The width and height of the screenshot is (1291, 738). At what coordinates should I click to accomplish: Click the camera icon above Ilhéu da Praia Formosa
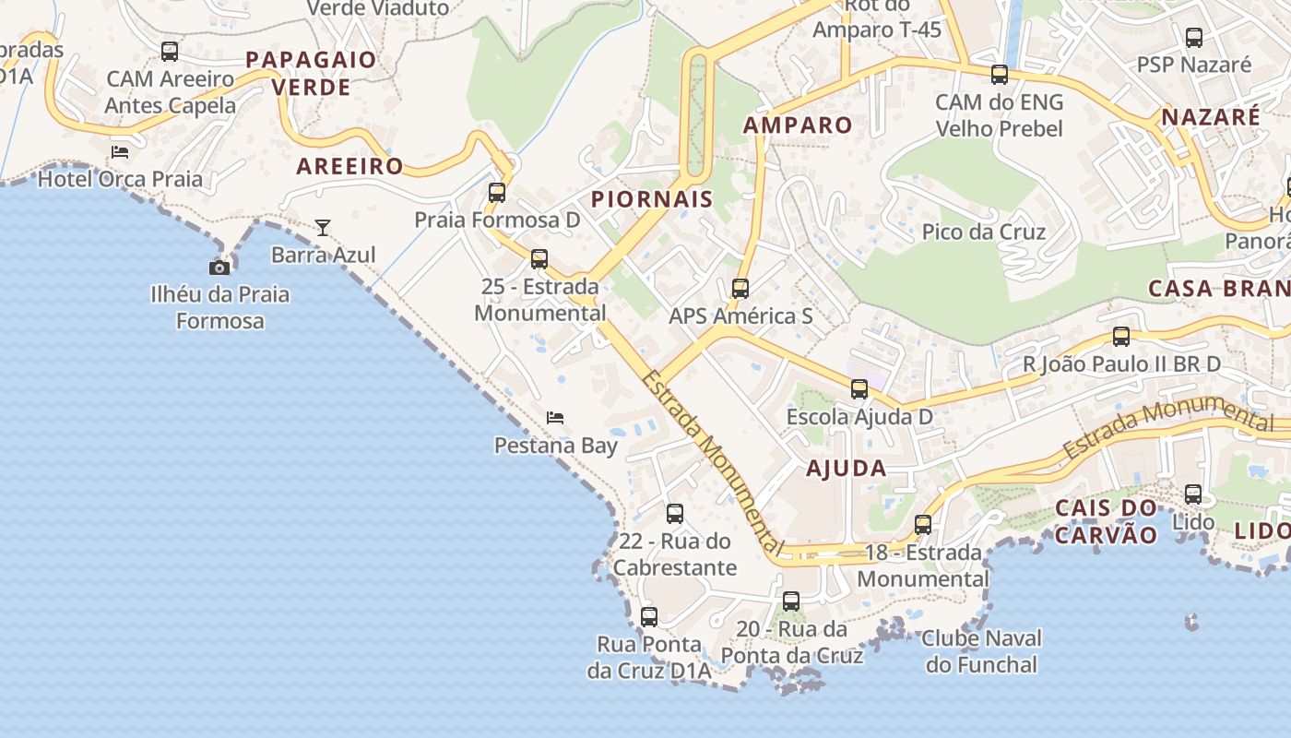click(x=219, y=268)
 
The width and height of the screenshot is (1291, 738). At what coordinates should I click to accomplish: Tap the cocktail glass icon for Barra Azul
click(x=323, y=227)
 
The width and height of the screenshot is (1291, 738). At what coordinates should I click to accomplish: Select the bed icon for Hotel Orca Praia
click(x=120, y=151)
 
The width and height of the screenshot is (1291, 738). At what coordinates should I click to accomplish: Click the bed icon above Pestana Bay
click(x=555, y=418)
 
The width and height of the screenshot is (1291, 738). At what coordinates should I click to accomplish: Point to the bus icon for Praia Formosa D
click(x=497, y=192)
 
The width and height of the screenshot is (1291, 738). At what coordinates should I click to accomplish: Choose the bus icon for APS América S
click(x=740, y=289)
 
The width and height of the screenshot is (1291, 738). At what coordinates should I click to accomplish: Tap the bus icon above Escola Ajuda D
click(x=859, y=389)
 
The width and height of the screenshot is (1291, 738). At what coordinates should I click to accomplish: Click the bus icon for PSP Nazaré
click(x=1194, y=38)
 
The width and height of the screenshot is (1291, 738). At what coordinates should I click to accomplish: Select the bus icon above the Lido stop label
click(x=1193, y=494)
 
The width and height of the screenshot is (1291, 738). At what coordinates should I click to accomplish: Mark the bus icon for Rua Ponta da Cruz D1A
click(x=649, y=616)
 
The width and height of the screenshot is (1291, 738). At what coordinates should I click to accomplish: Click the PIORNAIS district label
click(x=652, y=199)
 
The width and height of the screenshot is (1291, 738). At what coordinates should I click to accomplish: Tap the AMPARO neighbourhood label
click(x=798, y=125)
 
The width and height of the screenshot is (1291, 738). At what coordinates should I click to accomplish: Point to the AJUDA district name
click(x=847, y=469)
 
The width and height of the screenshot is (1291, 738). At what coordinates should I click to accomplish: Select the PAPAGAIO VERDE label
click(x=311, y=74)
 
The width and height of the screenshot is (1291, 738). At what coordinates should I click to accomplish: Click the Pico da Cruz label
click(x=984, y=232)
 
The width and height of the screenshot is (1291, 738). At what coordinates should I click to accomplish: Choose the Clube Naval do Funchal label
click(x=981, y=651)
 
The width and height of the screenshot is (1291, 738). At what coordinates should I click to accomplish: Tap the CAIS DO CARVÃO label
click(x=1106, y=521)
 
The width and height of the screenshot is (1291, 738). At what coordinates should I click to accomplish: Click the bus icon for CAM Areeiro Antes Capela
click(x=170, y=52)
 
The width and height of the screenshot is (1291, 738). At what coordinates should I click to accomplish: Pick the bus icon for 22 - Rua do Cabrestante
click(x=675, y=514)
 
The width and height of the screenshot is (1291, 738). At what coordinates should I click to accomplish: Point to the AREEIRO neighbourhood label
click(x=349, y=167)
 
